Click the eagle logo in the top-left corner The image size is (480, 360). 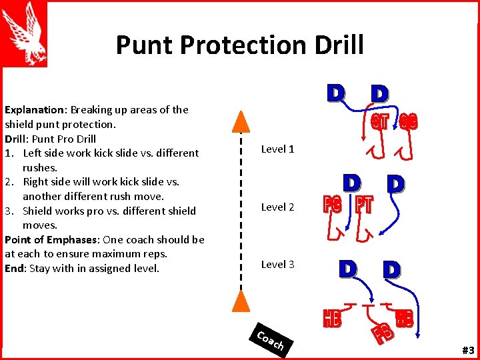point(26,33)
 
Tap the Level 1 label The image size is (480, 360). point(277,149)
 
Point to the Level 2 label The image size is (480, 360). point(277,207)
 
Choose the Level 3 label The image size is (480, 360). point(277,265)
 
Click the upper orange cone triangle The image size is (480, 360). point(240,121)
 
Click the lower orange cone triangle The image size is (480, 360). point(240,300)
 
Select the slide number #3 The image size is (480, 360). point(467,350)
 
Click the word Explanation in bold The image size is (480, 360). point(35,110)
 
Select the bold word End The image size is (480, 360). point(14,269)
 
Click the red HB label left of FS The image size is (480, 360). point(332,319)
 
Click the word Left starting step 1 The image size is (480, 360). point(33,153)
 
